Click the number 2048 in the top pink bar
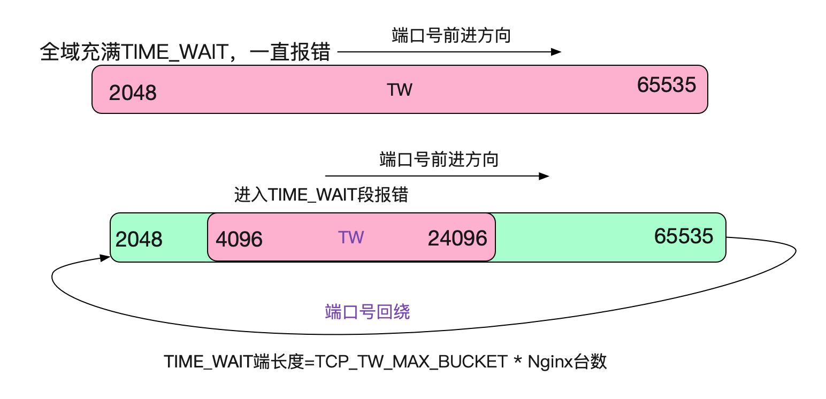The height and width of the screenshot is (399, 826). click(133, 93)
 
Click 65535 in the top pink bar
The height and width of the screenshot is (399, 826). click(667, 85)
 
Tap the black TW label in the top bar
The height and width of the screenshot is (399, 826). click(400, 90)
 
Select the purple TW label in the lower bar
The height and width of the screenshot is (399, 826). click(351, 237)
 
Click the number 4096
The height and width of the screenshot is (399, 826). click(239, 239)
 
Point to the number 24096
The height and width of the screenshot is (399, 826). click(457, 238)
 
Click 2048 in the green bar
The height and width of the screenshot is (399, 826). click(139, 239)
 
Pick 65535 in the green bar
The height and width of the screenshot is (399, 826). click(684, 236)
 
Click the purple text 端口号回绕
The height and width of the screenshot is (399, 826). click(368, 312)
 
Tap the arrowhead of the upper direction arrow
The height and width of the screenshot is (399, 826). click(556, 52)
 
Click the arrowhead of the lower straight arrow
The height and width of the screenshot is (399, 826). click(544, 177)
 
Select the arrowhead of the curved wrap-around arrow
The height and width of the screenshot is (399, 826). click(105, 258)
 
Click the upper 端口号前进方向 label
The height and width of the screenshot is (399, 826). click(452, 36)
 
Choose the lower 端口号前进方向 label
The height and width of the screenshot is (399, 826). click(439, 160)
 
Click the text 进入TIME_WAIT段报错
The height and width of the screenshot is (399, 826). click(321, 195)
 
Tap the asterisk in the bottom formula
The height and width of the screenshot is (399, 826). click(518, 359)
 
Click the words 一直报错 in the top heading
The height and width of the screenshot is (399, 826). click(290, 52)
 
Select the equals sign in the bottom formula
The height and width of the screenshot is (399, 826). click(309, 362)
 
